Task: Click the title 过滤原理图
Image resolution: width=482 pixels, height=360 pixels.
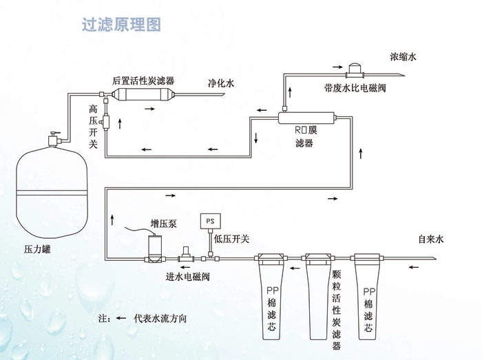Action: coord(121,24)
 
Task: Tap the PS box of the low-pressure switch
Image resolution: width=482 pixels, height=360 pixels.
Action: coord(210,221)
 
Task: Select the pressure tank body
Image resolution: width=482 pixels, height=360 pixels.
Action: coord(52,193)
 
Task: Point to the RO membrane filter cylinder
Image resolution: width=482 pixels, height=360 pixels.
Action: coord(306,118)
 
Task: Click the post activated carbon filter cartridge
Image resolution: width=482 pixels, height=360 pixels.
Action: coord(143,94)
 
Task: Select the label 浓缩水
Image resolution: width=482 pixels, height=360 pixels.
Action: coord(403,56)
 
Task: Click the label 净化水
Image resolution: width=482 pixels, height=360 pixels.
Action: coord(221,83)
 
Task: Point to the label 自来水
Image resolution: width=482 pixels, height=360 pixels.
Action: coord(431,239)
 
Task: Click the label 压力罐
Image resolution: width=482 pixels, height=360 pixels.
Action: coord(37,248)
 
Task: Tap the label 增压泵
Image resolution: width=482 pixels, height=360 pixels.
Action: coord(164,223)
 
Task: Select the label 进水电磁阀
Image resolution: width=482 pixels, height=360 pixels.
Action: coord(187,277)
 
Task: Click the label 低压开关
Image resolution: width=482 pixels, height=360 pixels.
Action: coord(231,239)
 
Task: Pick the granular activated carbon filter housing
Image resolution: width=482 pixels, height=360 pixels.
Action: coord(318,297)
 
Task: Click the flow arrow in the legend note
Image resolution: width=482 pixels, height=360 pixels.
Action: coord(120,318)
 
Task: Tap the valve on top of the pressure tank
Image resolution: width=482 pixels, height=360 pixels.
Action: coord(54,140)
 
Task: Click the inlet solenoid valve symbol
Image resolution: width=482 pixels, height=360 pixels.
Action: coord(186,255)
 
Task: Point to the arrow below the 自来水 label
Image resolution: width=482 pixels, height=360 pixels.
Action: coord(413,267)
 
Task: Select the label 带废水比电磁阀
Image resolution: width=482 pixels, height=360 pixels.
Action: coord(355,88)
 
